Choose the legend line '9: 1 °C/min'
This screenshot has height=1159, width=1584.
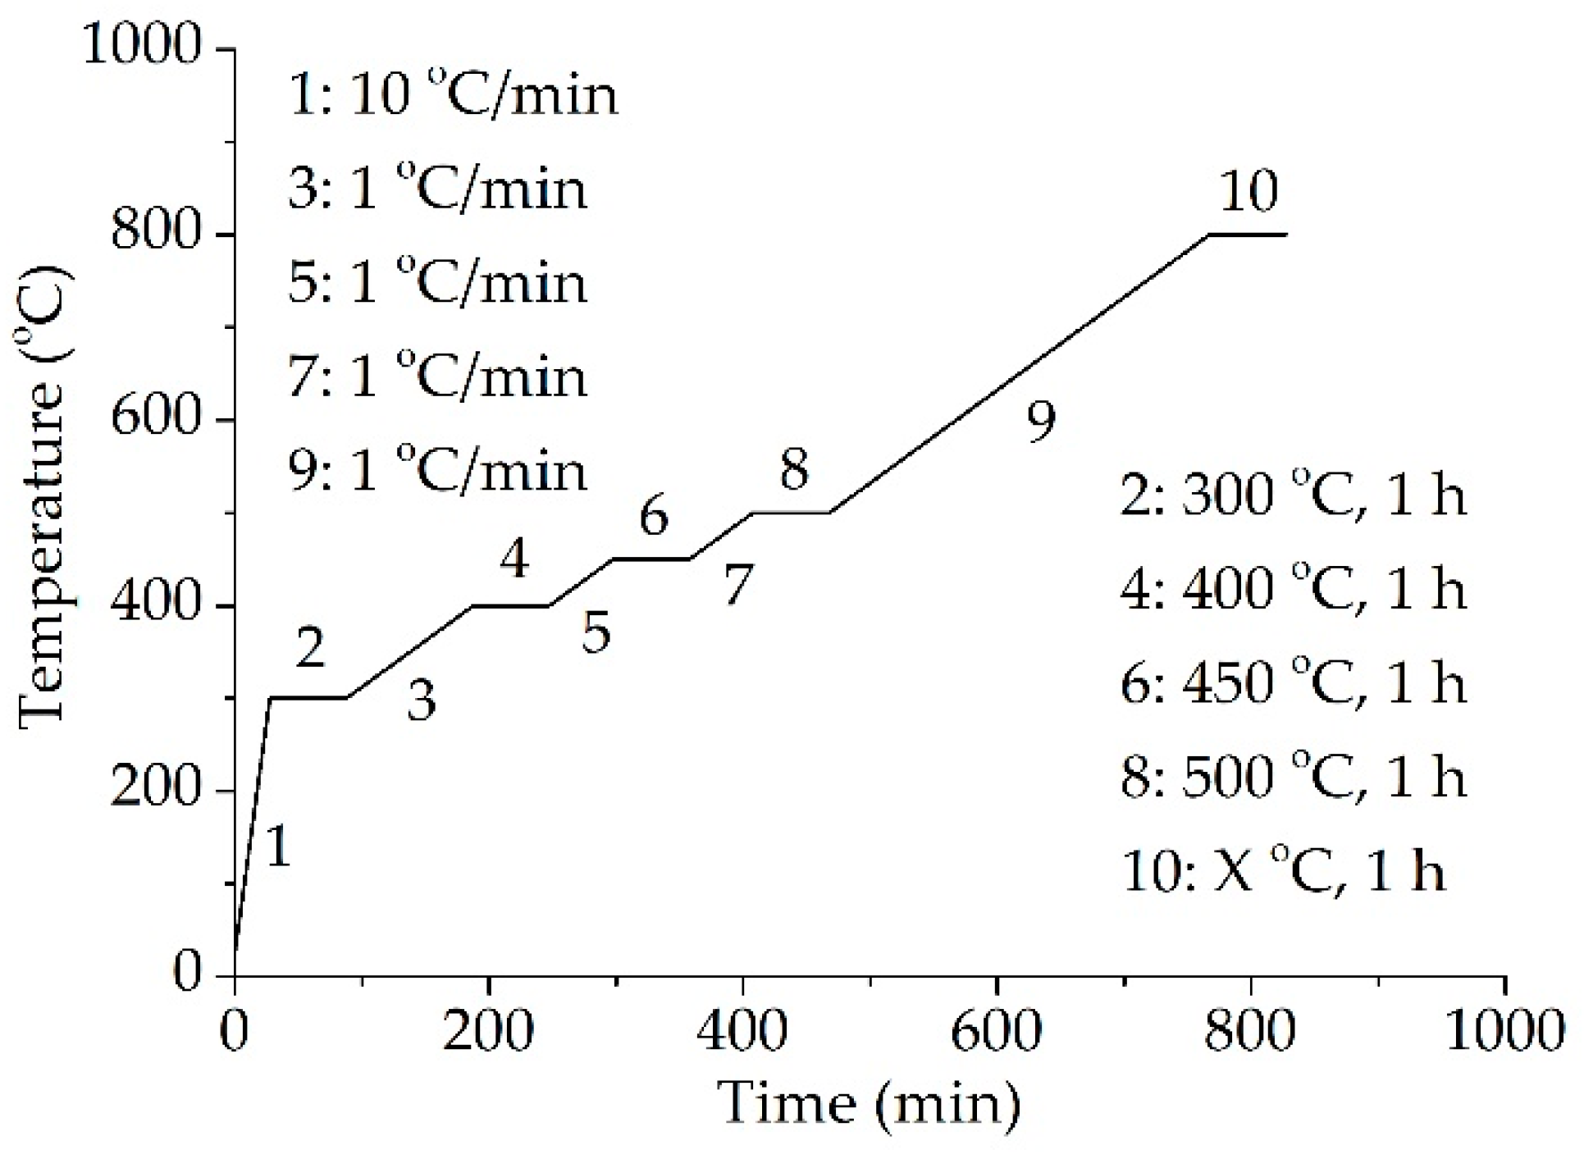tap(438, 471)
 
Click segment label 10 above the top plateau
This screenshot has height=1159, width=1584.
tap(1248, 190)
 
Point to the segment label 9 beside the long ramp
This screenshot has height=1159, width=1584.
tap(1041, 421)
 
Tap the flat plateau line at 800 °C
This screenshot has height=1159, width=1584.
tap(1247, 235)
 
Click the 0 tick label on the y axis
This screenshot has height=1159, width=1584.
tap(187, 974)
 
